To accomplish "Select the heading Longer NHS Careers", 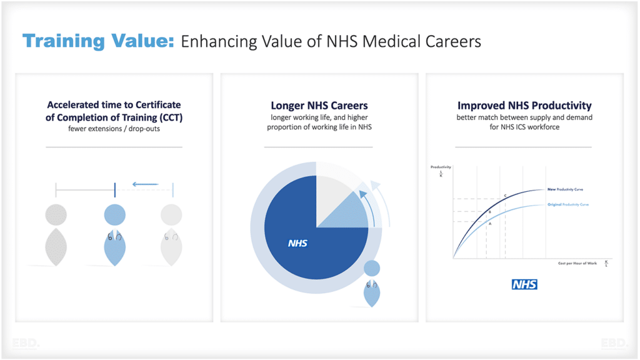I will click(319, 106).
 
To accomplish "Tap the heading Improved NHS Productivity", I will click(524, 106).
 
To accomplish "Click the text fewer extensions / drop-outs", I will click(114, 129).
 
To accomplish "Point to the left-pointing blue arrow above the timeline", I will click(145, 184).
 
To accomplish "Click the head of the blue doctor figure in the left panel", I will click(114, 215).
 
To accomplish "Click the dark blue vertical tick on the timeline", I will click(114, 189).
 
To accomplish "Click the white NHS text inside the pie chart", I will click(297, 243).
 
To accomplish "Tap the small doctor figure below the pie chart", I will click(371, 284).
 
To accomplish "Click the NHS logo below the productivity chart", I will click(524, 284).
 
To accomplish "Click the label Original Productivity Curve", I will click(568, 204).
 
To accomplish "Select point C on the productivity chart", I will click(505, 196).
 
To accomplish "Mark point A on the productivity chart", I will click(489, 223).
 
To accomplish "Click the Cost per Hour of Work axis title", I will click(577, 263).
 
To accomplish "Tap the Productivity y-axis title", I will click(441, 167).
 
